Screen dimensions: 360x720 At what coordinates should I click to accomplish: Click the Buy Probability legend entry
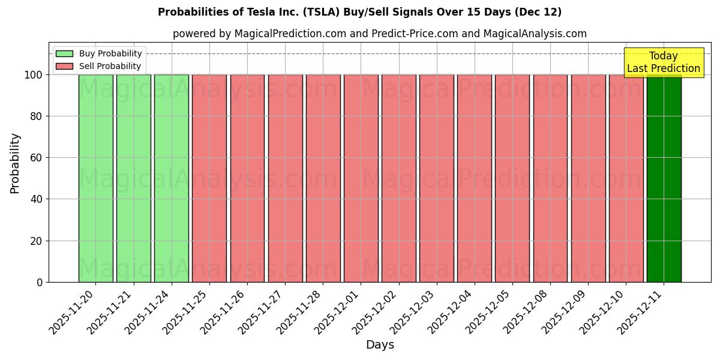(99, 53)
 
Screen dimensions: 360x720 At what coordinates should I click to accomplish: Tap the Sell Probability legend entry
(99, 66)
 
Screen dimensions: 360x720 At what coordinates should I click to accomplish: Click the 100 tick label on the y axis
(33, 75)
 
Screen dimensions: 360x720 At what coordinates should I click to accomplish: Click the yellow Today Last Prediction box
(663, 62)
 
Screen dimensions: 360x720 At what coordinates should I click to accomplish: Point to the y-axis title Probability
(15, 163)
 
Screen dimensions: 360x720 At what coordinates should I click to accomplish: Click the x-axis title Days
(380, 345)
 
